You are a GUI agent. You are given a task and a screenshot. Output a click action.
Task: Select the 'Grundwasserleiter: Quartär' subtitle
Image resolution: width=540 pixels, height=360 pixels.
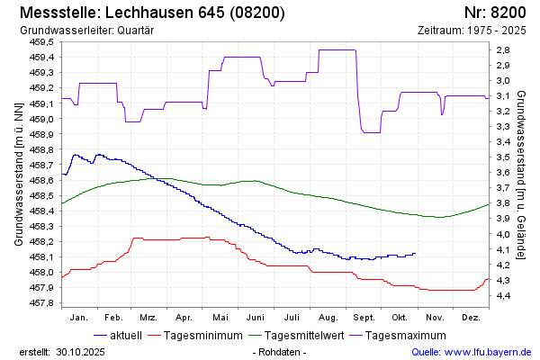point(86,31)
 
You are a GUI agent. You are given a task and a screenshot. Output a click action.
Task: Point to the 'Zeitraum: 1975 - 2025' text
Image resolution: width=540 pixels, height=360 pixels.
point(472,31)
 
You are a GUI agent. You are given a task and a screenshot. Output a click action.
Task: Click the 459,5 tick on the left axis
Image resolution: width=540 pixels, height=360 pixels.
point(42,41)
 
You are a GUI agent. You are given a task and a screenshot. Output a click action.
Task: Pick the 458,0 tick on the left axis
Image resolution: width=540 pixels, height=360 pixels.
point(42,272)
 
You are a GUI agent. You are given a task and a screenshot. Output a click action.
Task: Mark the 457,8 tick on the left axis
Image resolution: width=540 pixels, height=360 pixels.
point(42,303)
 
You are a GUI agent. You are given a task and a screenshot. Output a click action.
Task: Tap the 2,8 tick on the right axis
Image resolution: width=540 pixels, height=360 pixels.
point(504,49)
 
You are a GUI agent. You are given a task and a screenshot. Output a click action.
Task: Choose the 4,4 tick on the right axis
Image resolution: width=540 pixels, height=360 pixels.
point(504,295)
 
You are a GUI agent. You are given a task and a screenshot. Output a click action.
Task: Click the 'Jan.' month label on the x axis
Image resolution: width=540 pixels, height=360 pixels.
point(78,318)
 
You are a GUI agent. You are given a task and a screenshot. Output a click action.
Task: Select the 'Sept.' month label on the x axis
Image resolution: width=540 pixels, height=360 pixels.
point(364,318)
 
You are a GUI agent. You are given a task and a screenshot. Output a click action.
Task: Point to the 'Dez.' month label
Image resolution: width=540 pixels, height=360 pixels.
point(470,318)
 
